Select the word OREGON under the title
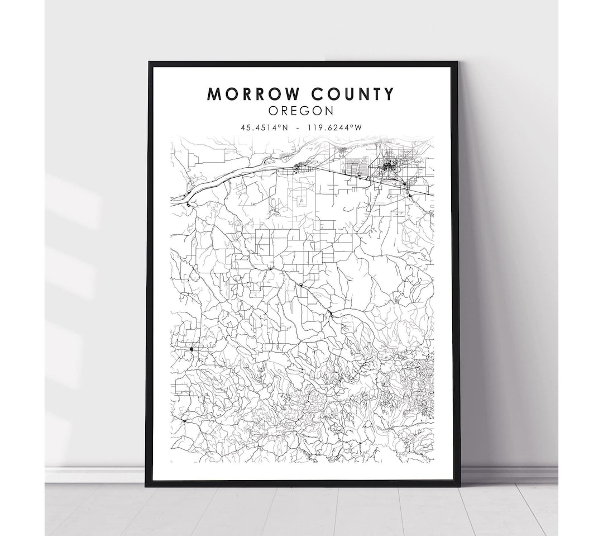coord(301,111)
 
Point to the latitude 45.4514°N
coord(265,127)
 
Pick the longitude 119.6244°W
coord(334,127)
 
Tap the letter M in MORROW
coord(214,94)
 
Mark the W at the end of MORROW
coord(293,94)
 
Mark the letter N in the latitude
coord(285,127)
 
